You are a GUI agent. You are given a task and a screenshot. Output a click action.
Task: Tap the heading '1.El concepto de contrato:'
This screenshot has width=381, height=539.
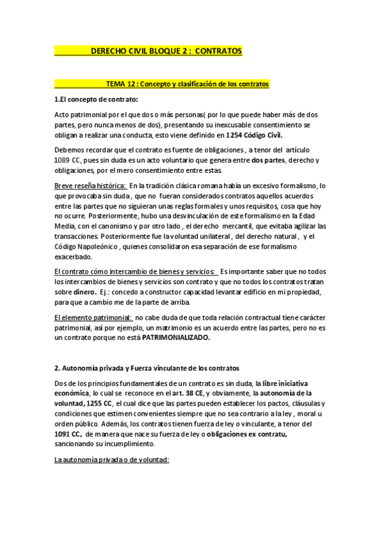pos(96,99)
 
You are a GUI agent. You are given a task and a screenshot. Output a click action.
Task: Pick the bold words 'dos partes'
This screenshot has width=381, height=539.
pos(268,160)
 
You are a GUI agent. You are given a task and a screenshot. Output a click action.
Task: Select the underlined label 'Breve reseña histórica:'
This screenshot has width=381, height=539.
pos(91,186)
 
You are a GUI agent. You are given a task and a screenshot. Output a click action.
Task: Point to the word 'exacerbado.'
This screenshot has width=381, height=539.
pos(74,257)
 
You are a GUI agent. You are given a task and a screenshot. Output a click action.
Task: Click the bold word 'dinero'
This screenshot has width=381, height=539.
pos(84,292)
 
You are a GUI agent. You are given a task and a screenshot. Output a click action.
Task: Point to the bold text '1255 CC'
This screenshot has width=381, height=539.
pos(98,404)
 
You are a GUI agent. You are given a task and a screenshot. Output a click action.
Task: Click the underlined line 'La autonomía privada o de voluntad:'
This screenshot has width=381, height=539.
pos(112,460)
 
